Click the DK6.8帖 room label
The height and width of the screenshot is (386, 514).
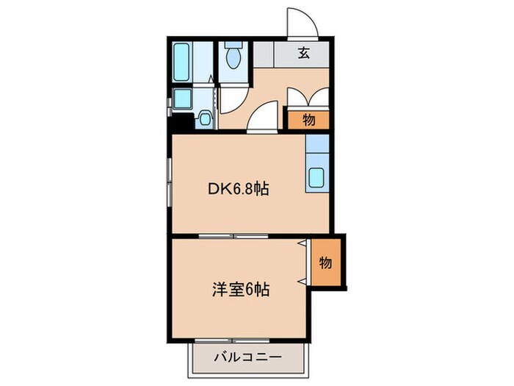(x=236, y=189)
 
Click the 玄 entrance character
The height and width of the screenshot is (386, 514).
(x=303, y=52)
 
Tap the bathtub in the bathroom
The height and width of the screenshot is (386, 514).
(x=182, y=62)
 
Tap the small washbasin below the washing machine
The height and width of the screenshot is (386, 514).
(x=205, y=118)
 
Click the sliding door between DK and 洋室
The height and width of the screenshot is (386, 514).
(x=234, y=236)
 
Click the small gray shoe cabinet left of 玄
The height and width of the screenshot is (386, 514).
(x=263, y=53)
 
